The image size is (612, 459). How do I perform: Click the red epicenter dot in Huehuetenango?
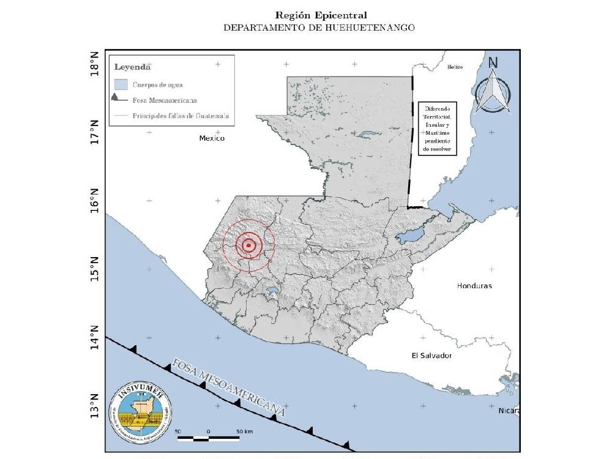click(249, 245)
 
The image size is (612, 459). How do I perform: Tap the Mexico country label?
click(212, 138)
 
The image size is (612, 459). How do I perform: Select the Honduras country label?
click(474, 286)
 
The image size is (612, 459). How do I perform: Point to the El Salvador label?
click(431, 356)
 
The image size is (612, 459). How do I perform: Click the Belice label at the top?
click(455, 67)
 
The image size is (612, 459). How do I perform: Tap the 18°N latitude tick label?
click(94, 64)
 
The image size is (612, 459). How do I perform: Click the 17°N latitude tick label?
click(94, 132)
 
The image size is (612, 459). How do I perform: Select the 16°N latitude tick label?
click(94, 201)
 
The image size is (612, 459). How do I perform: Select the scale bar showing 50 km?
click(208, 436)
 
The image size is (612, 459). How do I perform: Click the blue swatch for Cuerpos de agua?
click(121, 84)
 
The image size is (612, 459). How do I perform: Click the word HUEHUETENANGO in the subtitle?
click(375, 27)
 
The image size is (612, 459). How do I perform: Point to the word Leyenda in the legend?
click(132, 67)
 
